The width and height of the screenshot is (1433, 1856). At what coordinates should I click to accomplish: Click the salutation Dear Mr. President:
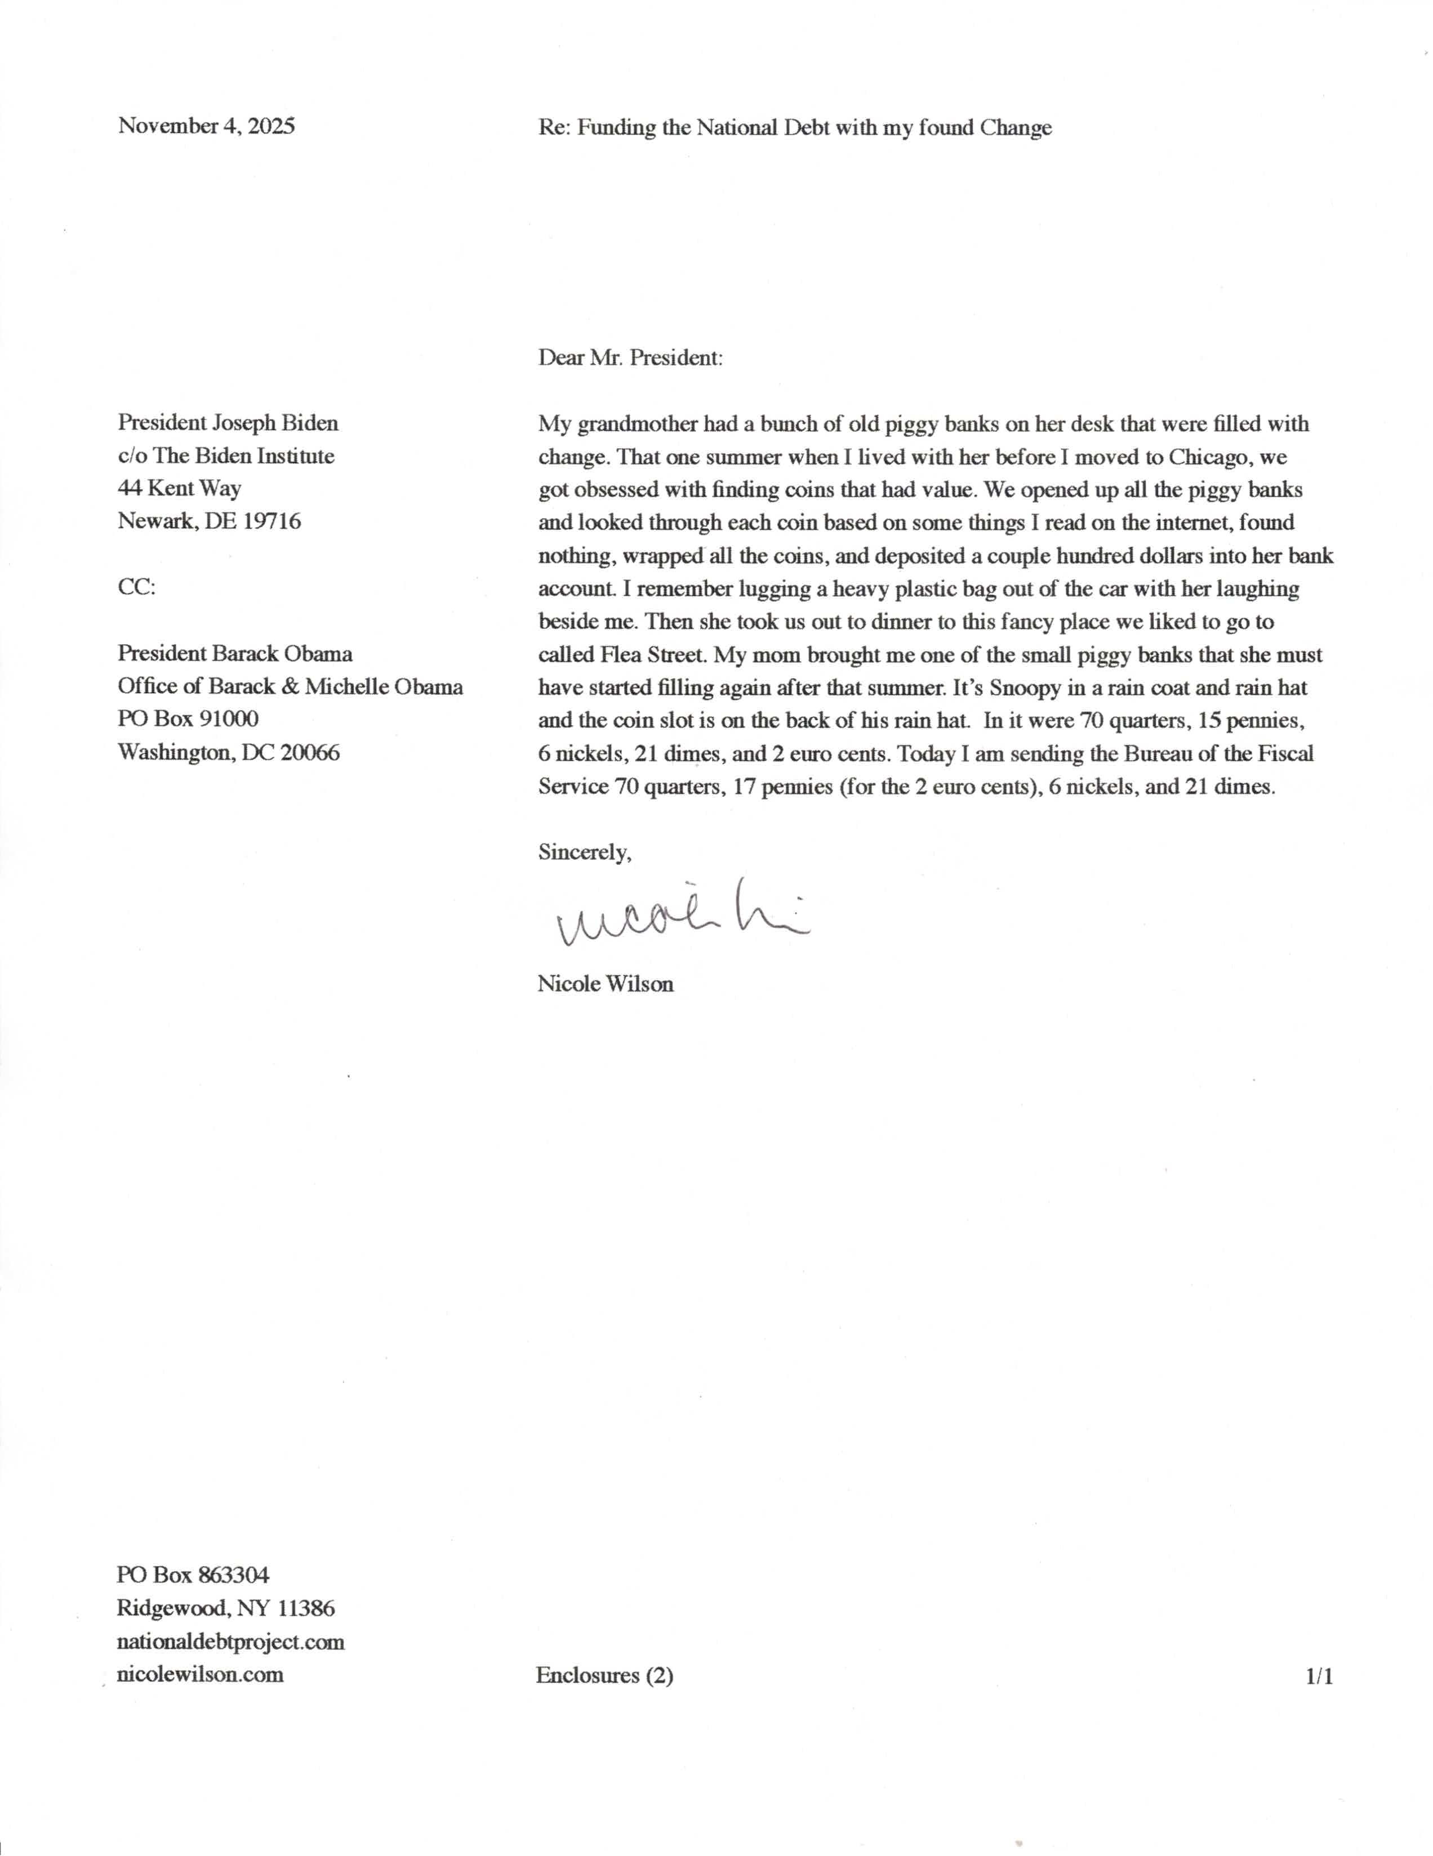coord(630,357)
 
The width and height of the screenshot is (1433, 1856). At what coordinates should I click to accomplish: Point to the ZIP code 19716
coord(272,521)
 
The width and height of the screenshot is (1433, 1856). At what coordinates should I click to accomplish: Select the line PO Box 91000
coord(188,719)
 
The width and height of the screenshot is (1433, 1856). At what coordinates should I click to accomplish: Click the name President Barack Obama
coord(234,654)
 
